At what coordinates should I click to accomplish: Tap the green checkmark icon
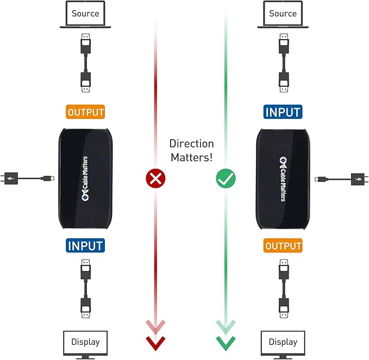(224, 178)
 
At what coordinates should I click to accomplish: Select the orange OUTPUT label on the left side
(85, 112)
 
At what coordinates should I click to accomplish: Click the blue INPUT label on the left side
(85, 245)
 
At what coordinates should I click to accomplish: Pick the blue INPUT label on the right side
(283, 112)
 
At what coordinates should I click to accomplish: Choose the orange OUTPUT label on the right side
(283, 245)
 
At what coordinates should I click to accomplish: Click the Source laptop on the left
(85, 15)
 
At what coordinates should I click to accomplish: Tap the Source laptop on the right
(283, 15)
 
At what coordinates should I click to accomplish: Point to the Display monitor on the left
(85, 343)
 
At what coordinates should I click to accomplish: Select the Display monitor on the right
(283, 343)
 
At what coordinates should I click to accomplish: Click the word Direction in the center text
(191, 144)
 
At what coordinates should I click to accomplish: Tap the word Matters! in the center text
(191, 157)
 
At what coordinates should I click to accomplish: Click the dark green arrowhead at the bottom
(225, 342)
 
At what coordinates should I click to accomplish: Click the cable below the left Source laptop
(85, 60)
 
